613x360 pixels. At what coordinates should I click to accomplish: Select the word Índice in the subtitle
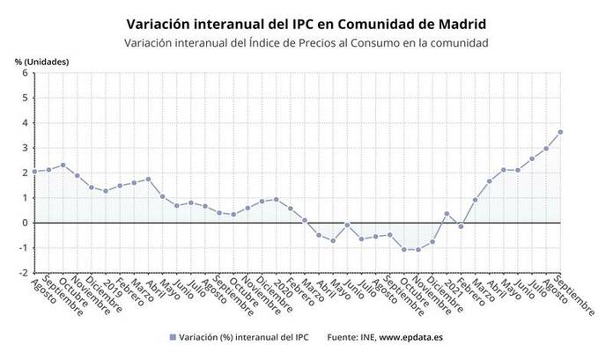262,42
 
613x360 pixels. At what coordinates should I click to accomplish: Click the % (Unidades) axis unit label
41,60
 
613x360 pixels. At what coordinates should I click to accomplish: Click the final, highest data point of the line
560,132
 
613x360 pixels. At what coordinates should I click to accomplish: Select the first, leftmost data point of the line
34,172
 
